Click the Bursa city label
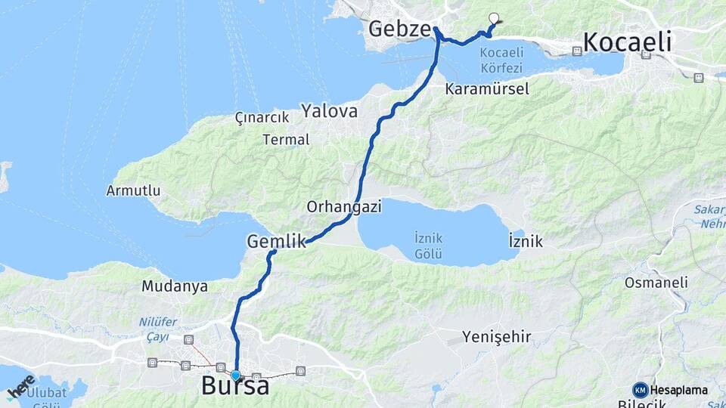click(x=235, y=387)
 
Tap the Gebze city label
click(x=399, y=29)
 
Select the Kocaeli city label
click(x=627, y=42)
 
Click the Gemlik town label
click(x=276, y=242)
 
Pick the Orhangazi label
click(x=344, y=206)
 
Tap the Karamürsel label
click(x=487, y=88)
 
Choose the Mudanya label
click(x=175, y=286)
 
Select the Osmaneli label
click(x=656, y=283)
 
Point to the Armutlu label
click(x=133, y=190)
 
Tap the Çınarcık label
click(x=262, y=119)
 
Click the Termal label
click(x=286, y=140)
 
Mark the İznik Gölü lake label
click(x=429, y=246)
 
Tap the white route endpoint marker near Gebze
click(x=494, y=18)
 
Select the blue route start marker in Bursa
click(x=236, y=375)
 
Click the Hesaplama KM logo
click(x=670, y=390)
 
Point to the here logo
click(x=20, y=386)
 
